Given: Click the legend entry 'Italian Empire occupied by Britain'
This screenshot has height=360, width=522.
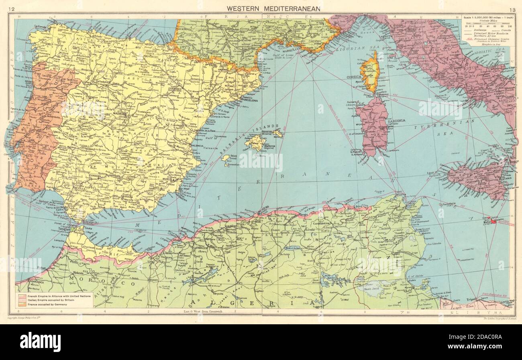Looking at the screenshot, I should (x=47, y=300).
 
